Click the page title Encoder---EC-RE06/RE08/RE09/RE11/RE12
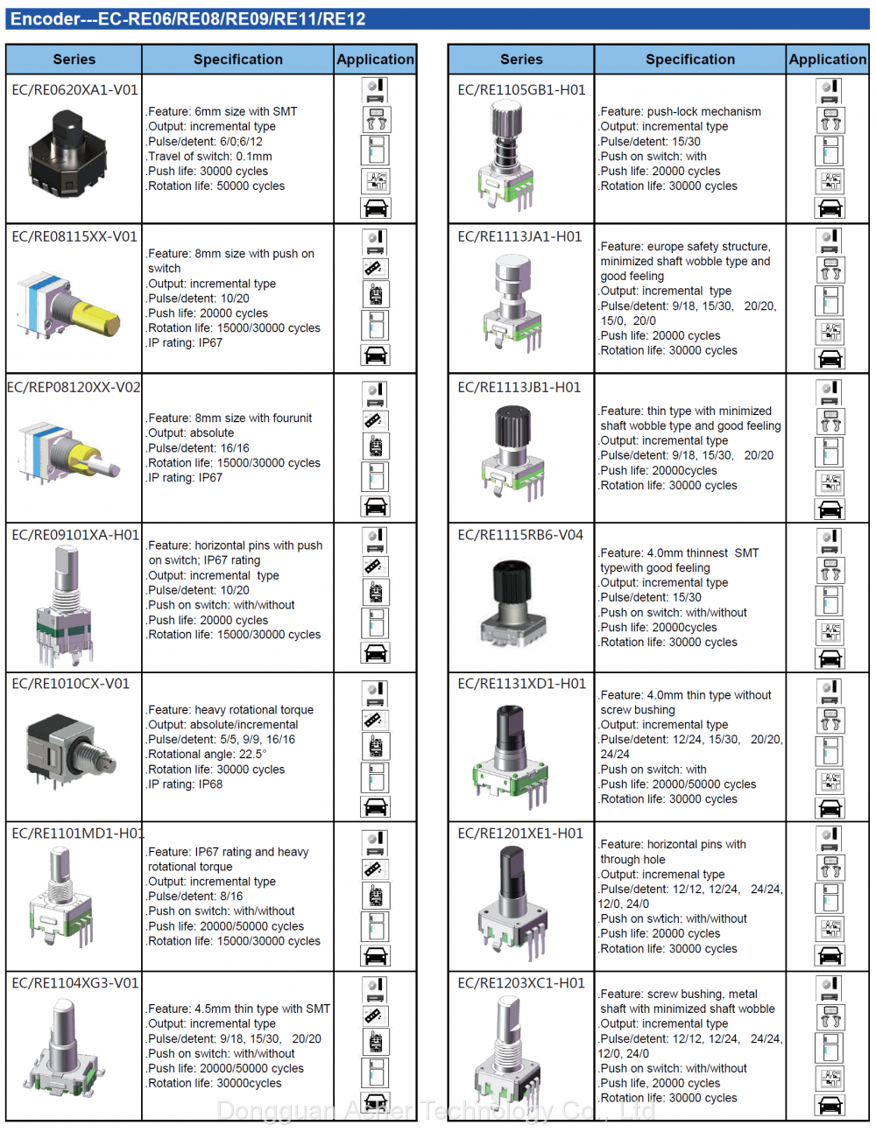click(x=188, y=19)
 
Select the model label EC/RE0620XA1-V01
click(x=74, y=89)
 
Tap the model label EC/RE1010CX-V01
click(x=70, y=684)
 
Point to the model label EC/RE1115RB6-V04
click(x=520, y=535)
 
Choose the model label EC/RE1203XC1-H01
click(x=521, y=983)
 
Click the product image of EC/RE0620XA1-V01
click(x=67, y=153)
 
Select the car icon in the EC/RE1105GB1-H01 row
click(x=830, y=208)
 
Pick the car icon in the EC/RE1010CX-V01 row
click(x=375, y=806)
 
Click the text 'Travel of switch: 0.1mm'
click(x=209, y=157)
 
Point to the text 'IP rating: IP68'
click(x=185, y=784)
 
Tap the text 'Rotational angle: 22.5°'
click(x=207, y=754)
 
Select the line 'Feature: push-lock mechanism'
click(x=680, y=111)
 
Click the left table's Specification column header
click(x=238, y=60)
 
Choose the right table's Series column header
click(x=521, y=60)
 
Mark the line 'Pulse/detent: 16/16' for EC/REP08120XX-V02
click(x=198, y=448)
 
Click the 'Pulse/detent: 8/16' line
click(x=194, y=896)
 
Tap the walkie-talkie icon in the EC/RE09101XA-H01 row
click(x=375, y=593)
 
